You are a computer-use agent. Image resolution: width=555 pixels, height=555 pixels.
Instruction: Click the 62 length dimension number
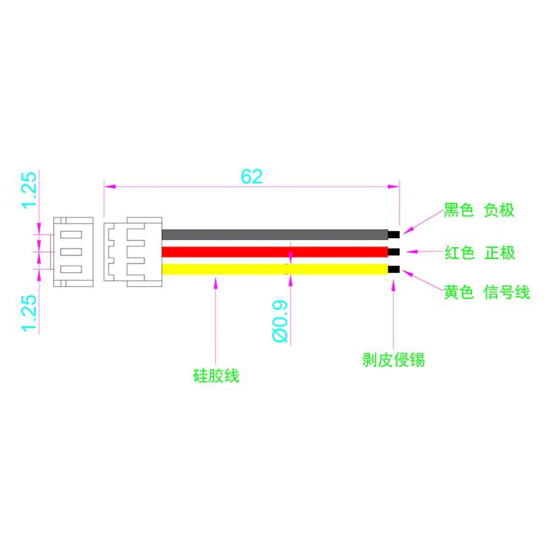point(252,176)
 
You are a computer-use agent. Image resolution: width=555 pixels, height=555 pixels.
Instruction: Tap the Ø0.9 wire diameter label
point(280,321)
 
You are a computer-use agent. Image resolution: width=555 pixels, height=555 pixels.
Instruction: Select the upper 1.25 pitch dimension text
point(29,189)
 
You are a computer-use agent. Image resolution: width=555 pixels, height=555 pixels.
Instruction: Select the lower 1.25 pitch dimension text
point(29,313)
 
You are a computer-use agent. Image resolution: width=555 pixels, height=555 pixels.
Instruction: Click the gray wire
point(275,235)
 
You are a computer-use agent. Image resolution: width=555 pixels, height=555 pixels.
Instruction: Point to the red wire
point(275,252)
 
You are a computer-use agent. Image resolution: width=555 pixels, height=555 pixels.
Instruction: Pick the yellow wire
point(275,269)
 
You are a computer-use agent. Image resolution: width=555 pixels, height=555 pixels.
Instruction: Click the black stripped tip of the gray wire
point(394,235)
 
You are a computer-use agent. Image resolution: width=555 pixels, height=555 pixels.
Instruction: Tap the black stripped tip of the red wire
point(394,252)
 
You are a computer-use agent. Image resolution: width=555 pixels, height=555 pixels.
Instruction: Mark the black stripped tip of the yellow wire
point(394,269)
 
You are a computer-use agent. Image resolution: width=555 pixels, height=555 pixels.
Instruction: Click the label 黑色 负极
point(480,210)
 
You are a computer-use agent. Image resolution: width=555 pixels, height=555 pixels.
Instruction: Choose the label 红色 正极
point(480,253)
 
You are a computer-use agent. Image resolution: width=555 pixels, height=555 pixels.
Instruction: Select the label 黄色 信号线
point(487,292)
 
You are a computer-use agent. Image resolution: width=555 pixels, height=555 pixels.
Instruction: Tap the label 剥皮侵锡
point(393,360)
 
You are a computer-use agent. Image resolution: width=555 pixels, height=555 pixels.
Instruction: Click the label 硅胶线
point(216,375)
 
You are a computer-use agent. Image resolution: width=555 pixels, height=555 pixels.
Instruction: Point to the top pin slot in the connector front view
point(71,235)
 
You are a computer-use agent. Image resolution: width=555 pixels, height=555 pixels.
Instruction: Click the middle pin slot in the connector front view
point(71,252)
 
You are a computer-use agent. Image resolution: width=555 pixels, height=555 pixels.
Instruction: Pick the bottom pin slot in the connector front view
point(71,269)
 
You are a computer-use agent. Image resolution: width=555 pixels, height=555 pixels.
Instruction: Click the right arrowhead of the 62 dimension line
point(394,186)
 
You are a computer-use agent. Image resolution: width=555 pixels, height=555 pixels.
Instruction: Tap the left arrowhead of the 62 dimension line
point(110,186)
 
